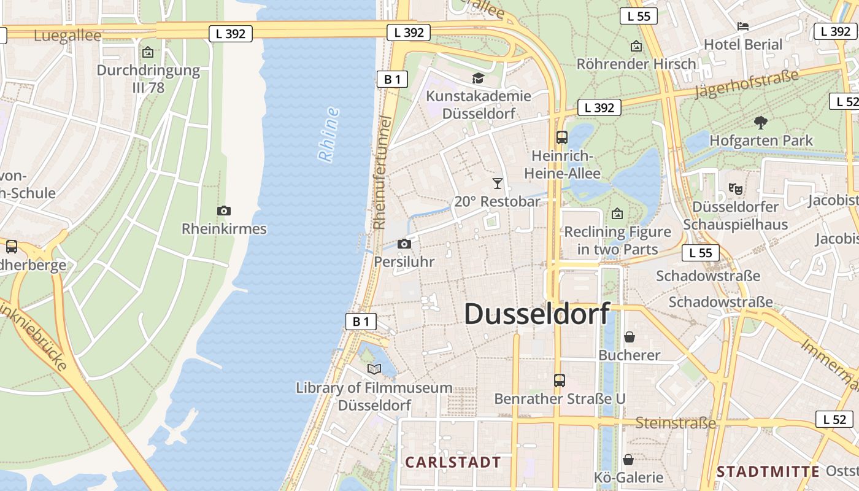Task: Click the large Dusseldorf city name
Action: click(537, 314)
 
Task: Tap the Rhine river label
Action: click(329, 135)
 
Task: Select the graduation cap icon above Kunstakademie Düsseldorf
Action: click(478, 78)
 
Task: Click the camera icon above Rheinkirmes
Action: click(224, 211)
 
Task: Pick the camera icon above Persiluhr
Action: click(404, 244)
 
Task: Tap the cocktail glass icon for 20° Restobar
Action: click(497, 183)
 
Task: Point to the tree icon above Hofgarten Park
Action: click(761, 122)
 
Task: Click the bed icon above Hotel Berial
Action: click(743, 26)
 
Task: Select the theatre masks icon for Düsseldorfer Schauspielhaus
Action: click(735, 188)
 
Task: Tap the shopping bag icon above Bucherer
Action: click(629, 337)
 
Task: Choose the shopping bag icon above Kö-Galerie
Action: click(628, 460)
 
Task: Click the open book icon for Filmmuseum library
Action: click(374, 369)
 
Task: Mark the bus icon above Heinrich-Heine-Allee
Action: click(562, 137)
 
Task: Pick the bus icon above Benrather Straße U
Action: click(559, 381)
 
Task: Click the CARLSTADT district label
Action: click(453, 462)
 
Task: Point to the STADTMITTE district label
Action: click(768, 471)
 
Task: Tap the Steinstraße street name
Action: click(676, 423)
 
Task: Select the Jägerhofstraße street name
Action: click(747, 83)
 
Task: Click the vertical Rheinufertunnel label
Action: click(382, 172)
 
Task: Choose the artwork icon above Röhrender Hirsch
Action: click(636, 46)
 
